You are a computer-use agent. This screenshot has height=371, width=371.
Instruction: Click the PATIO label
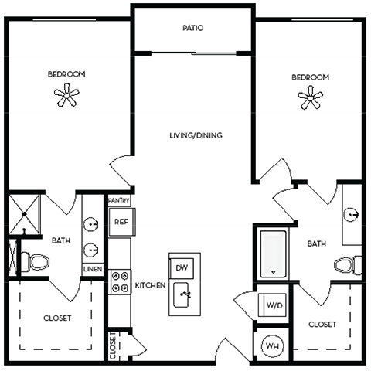coord(192,28)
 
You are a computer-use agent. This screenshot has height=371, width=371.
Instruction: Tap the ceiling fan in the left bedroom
coord(66,96)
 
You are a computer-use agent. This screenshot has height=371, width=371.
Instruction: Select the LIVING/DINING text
coord(196,135)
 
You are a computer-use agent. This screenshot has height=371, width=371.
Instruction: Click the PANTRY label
coord(119,200)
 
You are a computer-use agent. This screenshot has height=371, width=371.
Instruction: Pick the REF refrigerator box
coord(121,221)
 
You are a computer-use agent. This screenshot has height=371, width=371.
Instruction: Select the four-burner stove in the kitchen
coord(120,281)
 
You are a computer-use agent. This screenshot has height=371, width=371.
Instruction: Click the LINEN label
coord(92,269)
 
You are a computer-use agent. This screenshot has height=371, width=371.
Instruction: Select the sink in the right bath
coord(352,214)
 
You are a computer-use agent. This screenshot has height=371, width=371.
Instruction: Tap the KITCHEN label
coord(150,285)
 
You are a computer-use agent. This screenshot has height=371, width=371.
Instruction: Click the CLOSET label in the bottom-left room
coord(57,318)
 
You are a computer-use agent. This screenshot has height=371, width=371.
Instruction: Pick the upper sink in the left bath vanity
coord(92,226)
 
